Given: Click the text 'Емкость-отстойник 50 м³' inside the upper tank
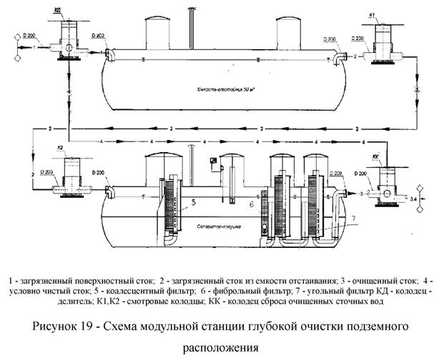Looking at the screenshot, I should coord(227,92).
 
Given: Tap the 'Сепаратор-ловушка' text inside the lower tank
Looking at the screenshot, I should coord(217,225).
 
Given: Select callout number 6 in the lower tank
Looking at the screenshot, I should coord(252,204).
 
